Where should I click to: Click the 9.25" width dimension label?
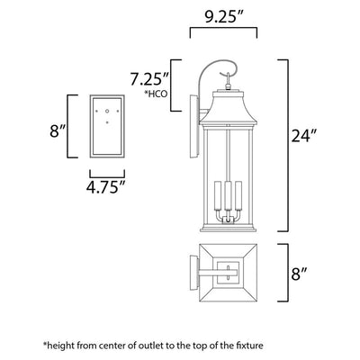223,18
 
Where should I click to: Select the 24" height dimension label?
304,136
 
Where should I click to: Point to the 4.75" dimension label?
106,187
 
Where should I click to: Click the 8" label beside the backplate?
58,130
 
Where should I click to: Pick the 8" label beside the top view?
300,274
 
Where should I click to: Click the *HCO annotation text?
157,94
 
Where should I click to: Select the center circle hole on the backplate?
107,111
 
